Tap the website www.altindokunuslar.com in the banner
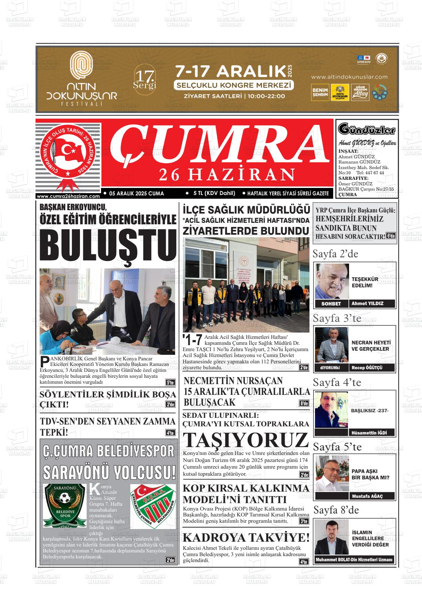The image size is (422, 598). pos(349,77)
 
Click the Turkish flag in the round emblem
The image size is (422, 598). pos(68,150)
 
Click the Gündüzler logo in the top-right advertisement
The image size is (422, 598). pos(366,130)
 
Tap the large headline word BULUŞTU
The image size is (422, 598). pos(108,247)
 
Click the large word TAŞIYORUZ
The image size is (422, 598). pos(246,440)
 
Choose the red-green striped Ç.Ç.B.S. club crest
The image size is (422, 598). pos(153,506)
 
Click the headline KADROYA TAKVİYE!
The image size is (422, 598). pos(246,537)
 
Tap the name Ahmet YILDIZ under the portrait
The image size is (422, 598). pos(367,304)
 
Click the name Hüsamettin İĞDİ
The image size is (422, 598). pos(367,433)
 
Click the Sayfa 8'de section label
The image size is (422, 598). pos(336,510)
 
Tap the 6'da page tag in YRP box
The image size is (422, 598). pos(391,236)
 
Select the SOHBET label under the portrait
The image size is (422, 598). pos(332,304)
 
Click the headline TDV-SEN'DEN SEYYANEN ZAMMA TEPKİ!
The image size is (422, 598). pos(107,426)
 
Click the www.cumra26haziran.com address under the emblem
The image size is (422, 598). pos(68,196)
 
